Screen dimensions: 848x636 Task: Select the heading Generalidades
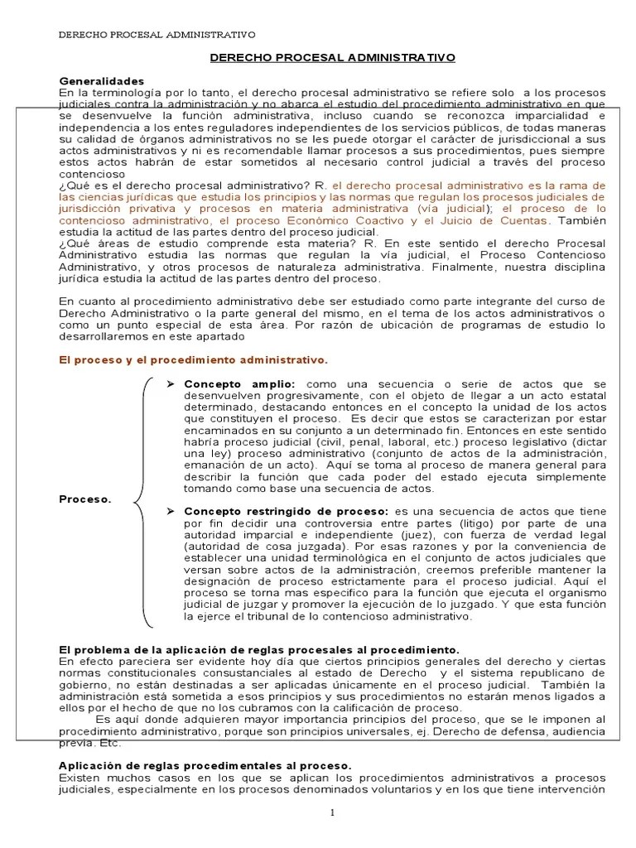[102, 81]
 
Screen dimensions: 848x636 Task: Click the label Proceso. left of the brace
[85, 499]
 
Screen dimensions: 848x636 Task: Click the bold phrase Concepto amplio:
[238, 385]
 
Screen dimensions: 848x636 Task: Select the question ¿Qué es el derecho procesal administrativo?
[183, 186]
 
